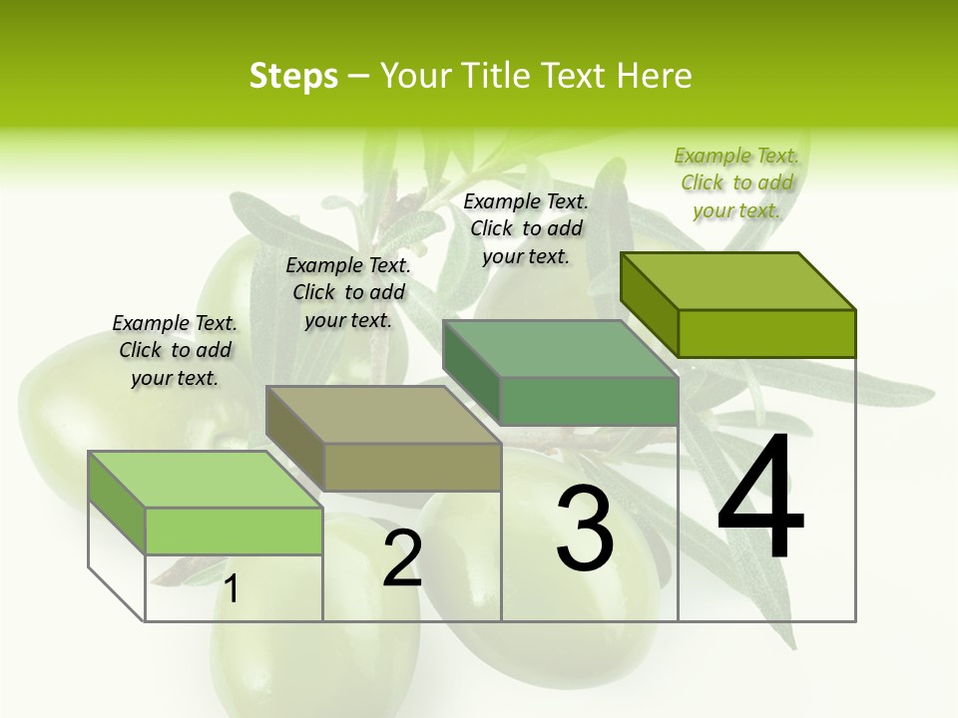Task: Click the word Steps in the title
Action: click(x=293, y=76)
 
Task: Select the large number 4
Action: click(x=760, y=498)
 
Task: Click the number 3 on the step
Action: click(x=585, y=529)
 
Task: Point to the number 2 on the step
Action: click(x=402, y=558)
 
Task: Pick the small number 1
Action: click(x=232, y=589)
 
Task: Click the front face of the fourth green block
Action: click(x=766, y=333)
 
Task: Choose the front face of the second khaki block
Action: click(x=412, y=468)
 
